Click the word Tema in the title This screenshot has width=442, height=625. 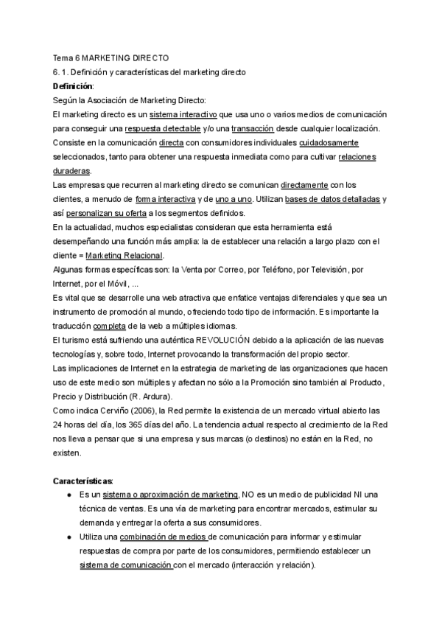coord(63,57)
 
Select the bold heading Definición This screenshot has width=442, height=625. coord(73,86)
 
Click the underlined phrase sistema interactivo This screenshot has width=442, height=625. coord(183,115)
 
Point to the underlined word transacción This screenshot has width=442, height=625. coord(255,129)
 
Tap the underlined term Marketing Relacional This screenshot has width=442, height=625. coord(124,255)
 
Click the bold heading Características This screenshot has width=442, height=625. coord(83,481)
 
